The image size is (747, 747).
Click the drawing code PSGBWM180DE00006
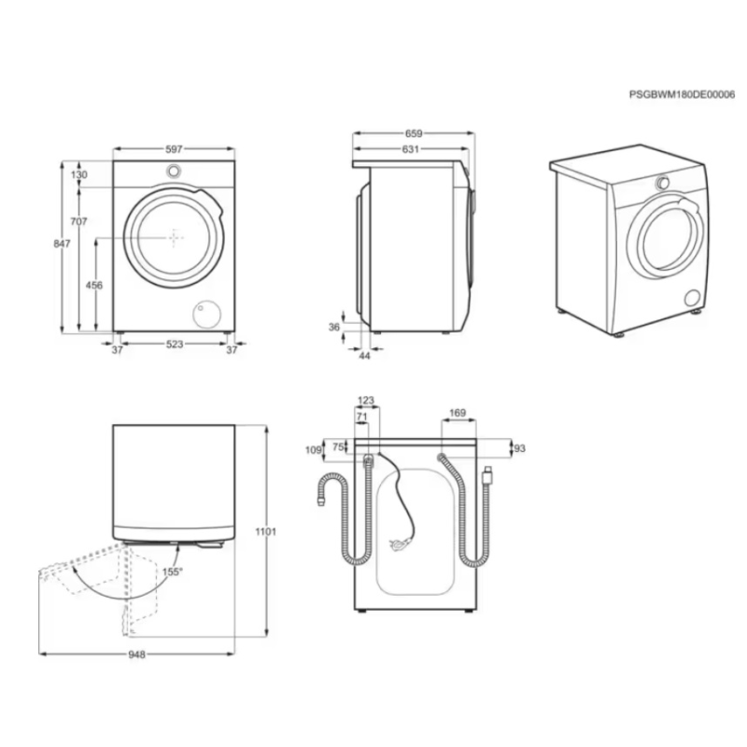[x=682, y=95]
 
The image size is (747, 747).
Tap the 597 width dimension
[x=174, y=149]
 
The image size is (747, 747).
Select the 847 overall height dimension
[x=62, y=244]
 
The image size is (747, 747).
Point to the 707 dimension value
[x=79, y=221]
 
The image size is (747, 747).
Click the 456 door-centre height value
[x=94, y=286]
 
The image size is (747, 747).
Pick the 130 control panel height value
[x=79, y=175]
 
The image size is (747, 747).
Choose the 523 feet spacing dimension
[x=175, y=344]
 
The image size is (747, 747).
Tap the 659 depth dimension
[x=414, y=134]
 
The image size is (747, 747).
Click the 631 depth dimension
[x=410, y=149]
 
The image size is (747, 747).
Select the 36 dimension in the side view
[x=334, y=327]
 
